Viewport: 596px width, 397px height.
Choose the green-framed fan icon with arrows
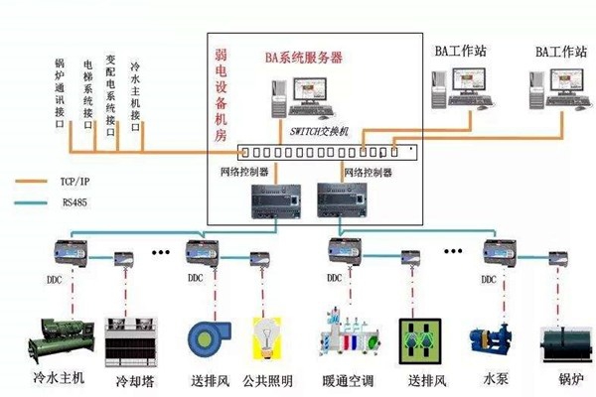(418, 338)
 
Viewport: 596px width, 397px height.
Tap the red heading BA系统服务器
(302, 59)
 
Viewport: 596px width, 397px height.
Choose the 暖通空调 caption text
(344, 380)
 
